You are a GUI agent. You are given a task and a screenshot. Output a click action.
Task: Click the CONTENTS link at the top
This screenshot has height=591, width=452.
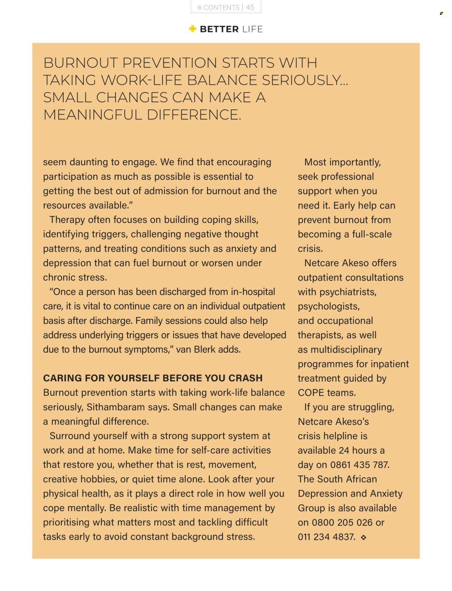218,7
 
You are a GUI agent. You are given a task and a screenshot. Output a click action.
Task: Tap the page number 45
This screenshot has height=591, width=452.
250,7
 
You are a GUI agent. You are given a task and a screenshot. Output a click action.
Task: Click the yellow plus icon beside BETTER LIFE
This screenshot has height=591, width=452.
192,29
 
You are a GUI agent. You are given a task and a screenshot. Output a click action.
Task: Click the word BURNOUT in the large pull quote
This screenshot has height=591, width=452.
80,63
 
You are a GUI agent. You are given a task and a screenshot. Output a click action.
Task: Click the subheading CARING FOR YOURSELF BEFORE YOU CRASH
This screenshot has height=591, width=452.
153,378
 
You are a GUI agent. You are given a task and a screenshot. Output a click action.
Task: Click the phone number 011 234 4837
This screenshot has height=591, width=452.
326,537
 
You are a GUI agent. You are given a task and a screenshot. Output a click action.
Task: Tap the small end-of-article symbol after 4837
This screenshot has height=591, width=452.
363,537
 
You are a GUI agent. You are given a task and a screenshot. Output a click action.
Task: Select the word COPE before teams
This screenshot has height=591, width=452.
311,392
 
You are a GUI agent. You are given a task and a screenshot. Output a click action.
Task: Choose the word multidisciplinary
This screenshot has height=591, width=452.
346,349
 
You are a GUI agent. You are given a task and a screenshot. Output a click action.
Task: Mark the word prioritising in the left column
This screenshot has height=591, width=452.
66,522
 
